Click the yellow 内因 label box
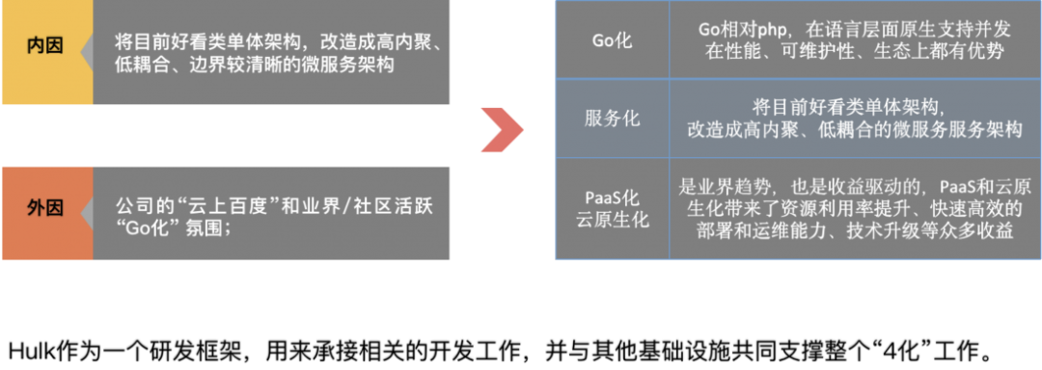pos(46,45)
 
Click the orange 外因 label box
pos(46,207)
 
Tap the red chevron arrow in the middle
pos(502,128)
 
